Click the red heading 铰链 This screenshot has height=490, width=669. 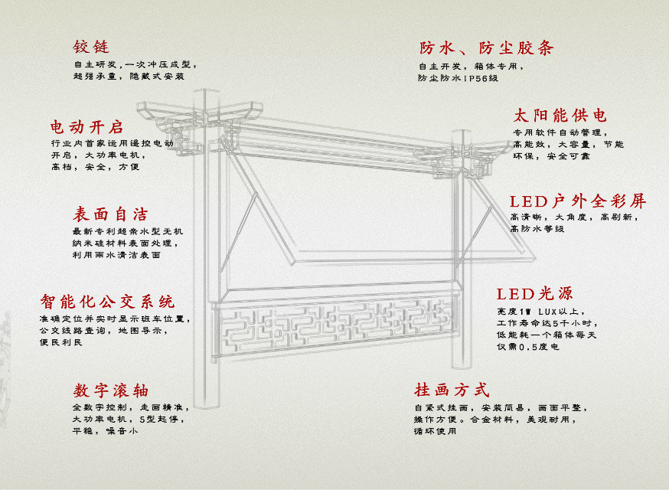coord(92,47)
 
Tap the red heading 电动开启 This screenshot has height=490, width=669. coord(86,126)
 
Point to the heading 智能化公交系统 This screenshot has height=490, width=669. coord(107,301)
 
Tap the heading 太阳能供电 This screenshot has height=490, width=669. coord(560,116)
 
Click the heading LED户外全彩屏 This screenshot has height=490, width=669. coord(578,201)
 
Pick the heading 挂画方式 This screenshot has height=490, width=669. coord(452,390)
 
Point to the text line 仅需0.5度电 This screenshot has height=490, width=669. coord(528,347)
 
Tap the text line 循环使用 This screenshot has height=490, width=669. coord(435,431)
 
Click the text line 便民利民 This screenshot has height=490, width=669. coord(60,341)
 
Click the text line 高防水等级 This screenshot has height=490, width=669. coord(537,229)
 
